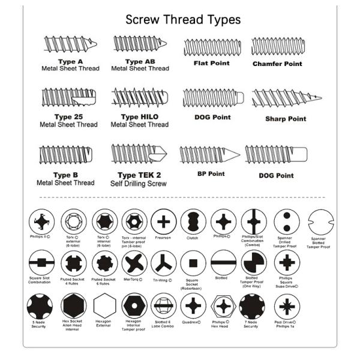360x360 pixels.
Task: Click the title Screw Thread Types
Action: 183,19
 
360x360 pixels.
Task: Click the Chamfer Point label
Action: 277,64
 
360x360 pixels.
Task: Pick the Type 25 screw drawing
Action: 68,97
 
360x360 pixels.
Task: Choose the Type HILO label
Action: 140,116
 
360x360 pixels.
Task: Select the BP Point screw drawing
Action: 209,155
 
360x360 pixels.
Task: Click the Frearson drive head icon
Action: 163,221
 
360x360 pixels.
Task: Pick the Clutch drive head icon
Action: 193,221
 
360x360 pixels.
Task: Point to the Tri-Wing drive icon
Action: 163,263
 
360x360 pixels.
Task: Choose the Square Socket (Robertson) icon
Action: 193,263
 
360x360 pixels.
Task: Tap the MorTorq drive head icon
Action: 134,263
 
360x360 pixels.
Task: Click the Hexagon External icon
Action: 104,306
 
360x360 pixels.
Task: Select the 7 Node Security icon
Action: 252,306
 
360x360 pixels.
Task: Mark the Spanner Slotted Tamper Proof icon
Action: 321,223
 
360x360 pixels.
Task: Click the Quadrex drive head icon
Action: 193,306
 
